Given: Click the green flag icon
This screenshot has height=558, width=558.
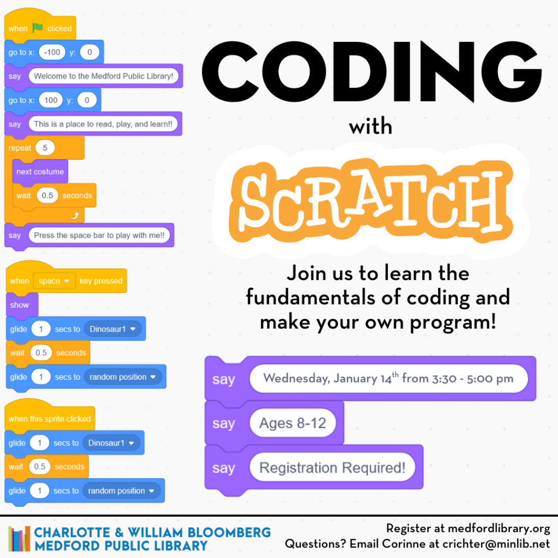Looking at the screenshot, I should coord(37,28).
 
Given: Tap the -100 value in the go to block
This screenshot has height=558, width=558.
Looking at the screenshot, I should coord(53,52).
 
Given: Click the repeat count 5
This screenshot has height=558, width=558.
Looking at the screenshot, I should coord(45,148).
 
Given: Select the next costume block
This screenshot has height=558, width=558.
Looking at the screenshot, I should coord(40,172).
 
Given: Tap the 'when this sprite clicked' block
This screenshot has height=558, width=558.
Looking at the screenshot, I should coord(50,418).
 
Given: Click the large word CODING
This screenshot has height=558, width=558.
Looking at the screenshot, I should coord(371,70).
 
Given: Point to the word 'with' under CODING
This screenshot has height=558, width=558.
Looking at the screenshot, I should coord(371,127).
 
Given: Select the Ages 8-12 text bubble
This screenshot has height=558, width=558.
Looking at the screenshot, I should coord(293,423).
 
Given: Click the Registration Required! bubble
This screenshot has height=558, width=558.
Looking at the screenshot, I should coord(332,468).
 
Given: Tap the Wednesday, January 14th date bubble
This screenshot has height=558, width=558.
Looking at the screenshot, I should coord(388,379).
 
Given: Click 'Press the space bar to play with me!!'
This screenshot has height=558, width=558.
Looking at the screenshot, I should coord(101,235).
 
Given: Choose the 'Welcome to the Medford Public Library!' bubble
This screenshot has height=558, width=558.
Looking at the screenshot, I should coord(104,76).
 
